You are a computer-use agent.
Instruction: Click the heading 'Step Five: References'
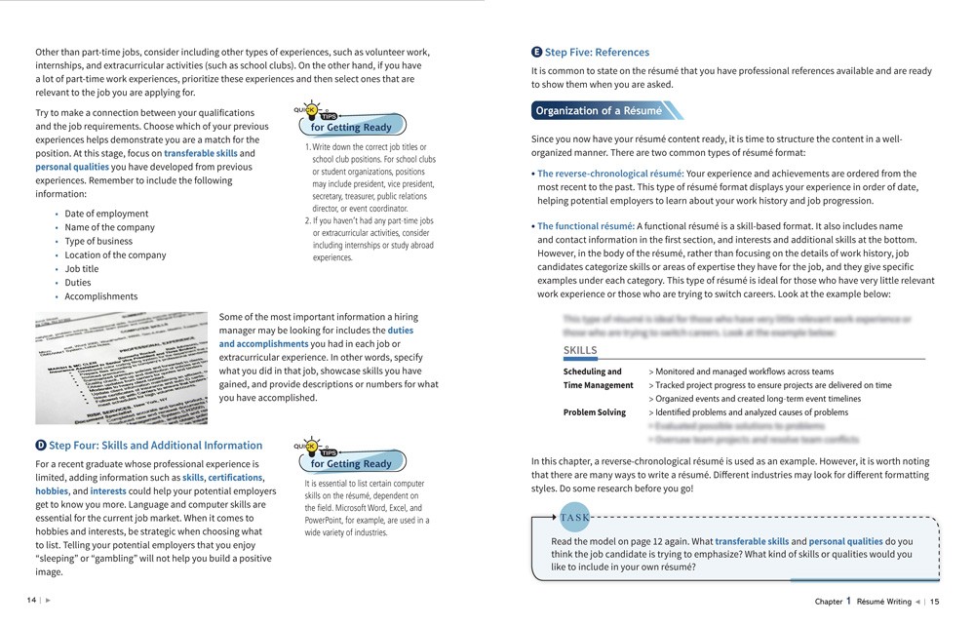coord(596,53)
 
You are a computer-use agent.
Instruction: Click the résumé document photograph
coord(121,368)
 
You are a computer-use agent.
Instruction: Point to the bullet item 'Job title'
coord(82,269)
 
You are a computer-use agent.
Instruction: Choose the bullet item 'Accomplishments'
coord(101,296)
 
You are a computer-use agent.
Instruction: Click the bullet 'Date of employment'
coord(106,214)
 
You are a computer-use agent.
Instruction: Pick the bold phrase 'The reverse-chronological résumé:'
coord(609,174)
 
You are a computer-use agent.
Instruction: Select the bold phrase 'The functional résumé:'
coord(586,226)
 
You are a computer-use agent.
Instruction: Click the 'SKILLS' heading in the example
coord(580,351)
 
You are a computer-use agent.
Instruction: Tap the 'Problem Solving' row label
coord(595,412)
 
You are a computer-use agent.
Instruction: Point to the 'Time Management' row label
coord(596,385)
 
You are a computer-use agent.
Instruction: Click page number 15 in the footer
coord(934,602)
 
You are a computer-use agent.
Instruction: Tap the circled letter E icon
coord(537,53)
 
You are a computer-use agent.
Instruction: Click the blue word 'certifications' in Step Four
coord(235,478)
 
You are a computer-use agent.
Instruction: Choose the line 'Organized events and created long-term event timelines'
coord(758,399)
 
